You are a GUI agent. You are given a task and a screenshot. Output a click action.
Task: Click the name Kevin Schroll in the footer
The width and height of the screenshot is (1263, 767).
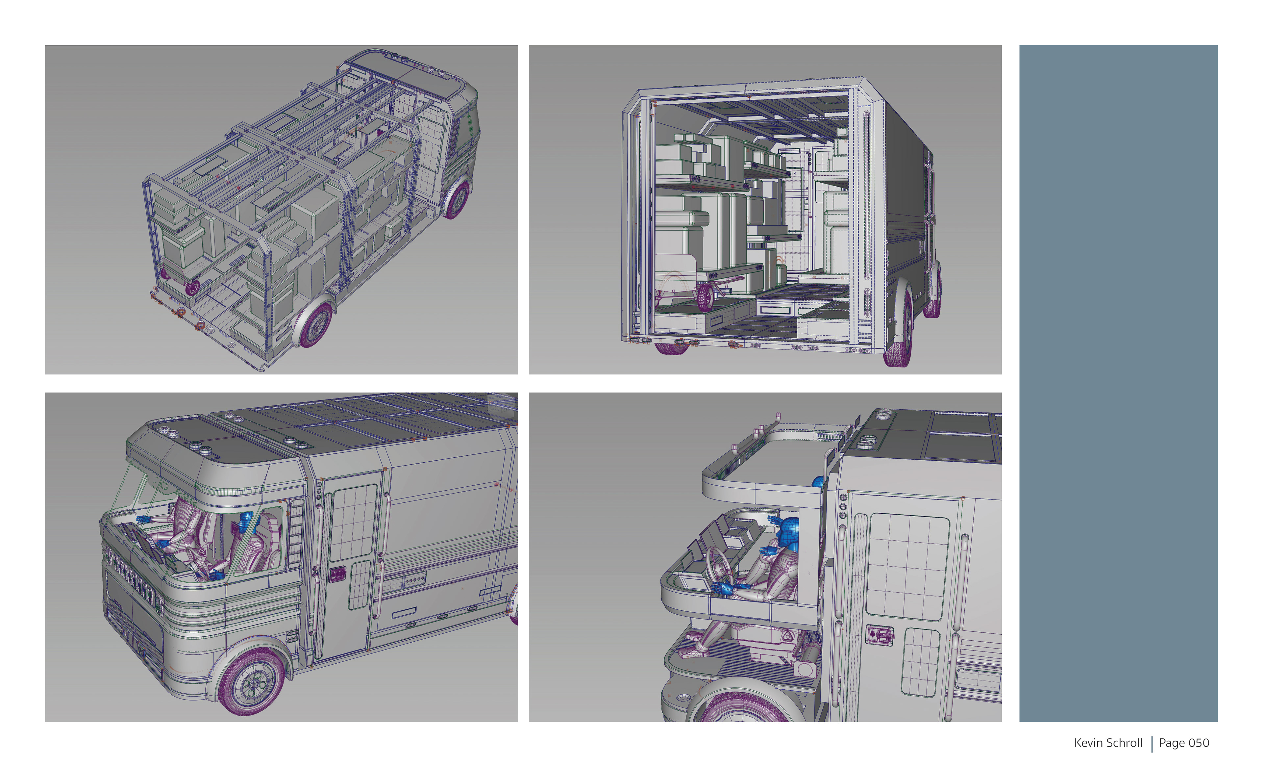pyautogui.click(x=1108, y=743)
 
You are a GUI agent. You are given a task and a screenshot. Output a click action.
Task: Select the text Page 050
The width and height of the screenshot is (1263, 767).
pyautogui.click(x=1184, y=743)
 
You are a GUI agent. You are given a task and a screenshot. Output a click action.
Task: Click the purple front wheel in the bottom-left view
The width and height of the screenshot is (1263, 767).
pyautogui.click(x=252, y=682)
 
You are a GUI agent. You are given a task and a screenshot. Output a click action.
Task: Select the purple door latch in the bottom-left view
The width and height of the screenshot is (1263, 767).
pyautogui.click(x=337, y=575)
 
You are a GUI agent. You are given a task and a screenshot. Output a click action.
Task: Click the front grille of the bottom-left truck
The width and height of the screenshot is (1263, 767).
pyautogui.click(x=131, y=579)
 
